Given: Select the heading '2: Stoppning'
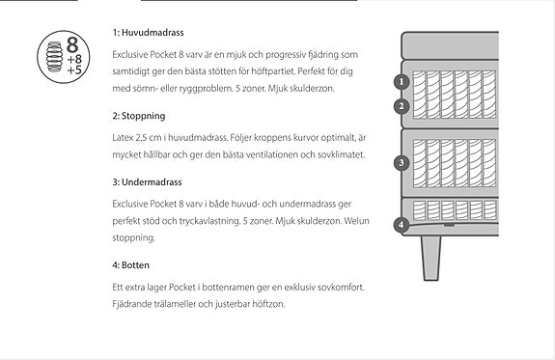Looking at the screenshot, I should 139,116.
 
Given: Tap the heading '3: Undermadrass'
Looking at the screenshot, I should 148,181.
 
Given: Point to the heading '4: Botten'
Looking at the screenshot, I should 131,264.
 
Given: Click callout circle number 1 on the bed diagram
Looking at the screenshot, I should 402,83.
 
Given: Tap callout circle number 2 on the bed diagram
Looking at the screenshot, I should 402,106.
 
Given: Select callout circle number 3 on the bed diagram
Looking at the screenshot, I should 402,163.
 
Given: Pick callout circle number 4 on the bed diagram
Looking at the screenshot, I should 402,226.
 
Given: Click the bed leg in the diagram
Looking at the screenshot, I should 431,256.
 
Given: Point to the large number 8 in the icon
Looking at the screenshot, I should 72,44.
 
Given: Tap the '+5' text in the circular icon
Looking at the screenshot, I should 74,70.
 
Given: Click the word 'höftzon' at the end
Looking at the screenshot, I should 267,304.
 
